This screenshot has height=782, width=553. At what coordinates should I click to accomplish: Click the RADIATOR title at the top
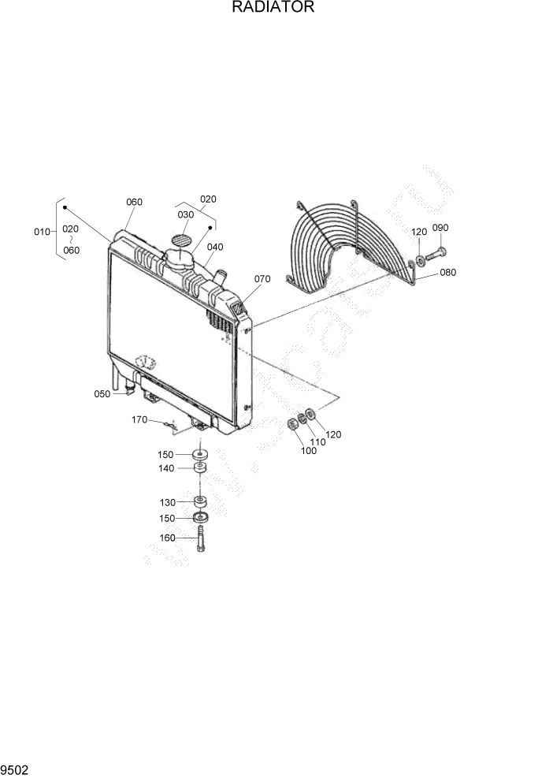point(273,8)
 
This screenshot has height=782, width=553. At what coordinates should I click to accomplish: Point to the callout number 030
point(185,214)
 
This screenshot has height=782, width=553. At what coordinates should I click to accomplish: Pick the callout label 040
point(215,247)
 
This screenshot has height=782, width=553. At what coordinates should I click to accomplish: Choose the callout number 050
point(102,393)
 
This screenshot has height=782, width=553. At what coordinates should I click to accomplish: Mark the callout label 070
point(262,279)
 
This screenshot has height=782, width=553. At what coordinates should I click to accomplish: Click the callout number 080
point(448,273)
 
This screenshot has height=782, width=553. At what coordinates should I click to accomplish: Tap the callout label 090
point(440,228)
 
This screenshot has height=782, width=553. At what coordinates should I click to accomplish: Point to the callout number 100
point(308,451)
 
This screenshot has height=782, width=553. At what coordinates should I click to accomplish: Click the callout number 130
point(168,502)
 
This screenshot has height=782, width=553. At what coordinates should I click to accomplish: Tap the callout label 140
point(165,468)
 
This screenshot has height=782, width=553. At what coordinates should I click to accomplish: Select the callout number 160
point(168,538)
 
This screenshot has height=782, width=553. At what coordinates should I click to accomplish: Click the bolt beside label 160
point(200,541)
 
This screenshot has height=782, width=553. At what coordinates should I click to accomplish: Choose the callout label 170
point(139,420)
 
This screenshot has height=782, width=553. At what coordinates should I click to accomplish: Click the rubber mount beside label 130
point(200,501)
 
